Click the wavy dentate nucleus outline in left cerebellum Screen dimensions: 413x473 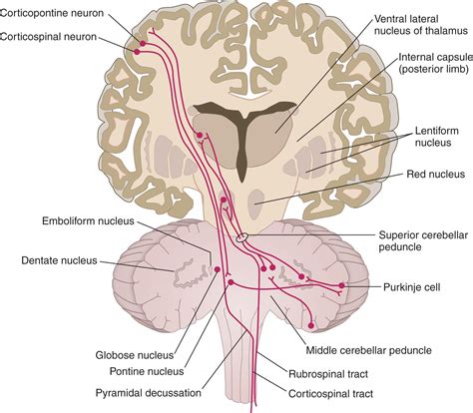click(180, 270)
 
